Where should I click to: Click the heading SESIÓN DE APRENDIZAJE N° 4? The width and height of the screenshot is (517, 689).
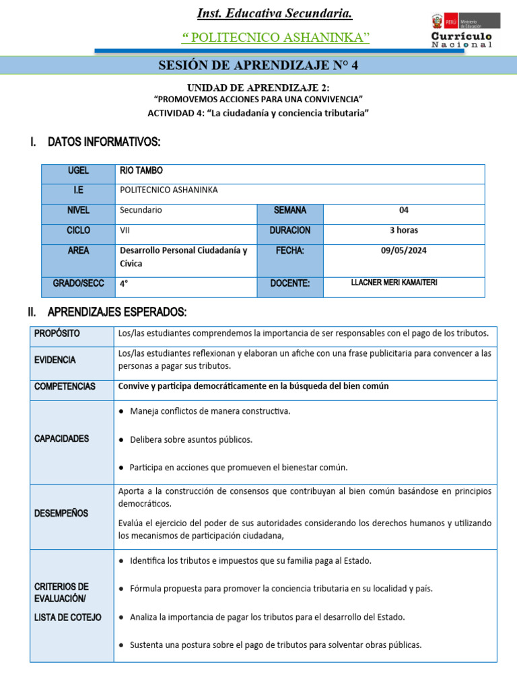pos(258,65)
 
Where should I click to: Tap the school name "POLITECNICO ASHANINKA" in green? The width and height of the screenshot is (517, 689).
pos(276,37)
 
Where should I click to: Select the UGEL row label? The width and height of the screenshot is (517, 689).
pos(78,171)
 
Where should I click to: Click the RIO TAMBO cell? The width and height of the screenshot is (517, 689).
pos(141,171)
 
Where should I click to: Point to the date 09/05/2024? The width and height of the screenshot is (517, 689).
pos(404,250)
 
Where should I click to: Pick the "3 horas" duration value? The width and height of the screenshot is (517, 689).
pos(404,230)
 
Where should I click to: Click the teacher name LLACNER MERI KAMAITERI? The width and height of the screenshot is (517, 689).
pos(394,283)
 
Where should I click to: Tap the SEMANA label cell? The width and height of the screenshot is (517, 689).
pos(290,211)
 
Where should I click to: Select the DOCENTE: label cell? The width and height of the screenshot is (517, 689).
pos(290,284)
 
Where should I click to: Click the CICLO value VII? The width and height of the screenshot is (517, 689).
pos(125,230)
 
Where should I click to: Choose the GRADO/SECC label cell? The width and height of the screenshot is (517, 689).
pos(78,284)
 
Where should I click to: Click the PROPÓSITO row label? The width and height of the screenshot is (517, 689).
pos(57,334)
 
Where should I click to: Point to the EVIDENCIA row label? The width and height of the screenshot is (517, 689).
pos(55,360)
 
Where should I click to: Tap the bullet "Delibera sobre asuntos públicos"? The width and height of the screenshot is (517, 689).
pos(191,439)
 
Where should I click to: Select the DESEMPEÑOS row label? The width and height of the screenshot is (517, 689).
pos(61,513)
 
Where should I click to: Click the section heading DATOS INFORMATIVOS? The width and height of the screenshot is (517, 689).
pos(104,142)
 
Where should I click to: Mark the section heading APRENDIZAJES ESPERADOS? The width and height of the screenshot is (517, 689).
pos(117,312)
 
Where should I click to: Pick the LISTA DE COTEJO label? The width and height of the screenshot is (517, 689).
pos(68,617)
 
